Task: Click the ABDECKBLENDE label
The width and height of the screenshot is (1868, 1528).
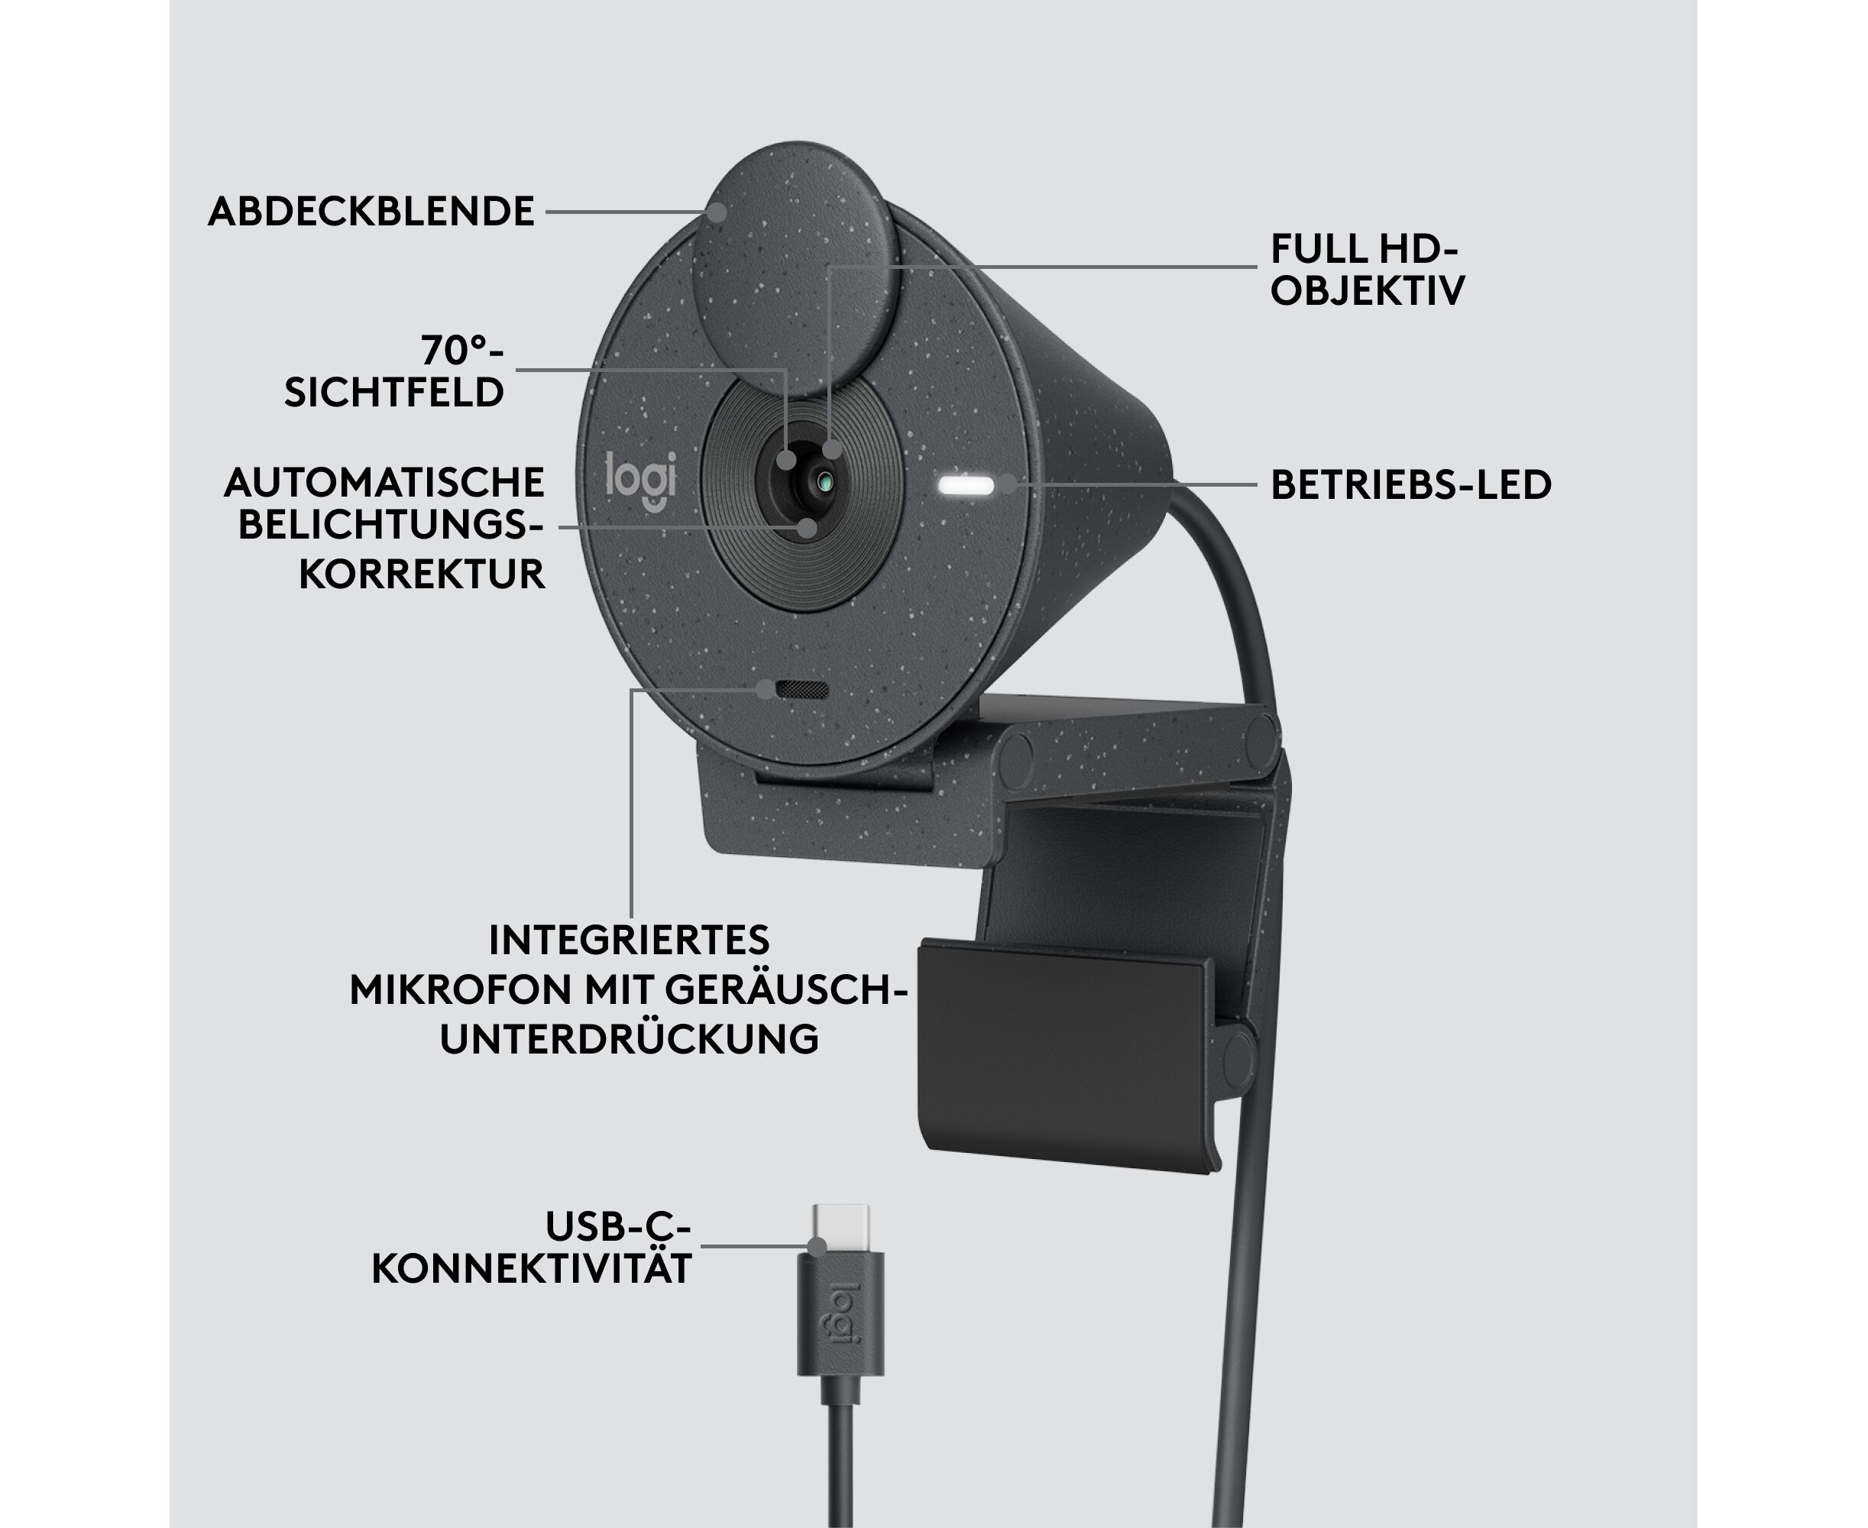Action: click(371, 212)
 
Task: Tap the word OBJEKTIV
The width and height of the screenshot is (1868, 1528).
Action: click(1367, 290)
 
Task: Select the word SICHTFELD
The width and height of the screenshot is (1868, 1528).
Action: click(393, 393)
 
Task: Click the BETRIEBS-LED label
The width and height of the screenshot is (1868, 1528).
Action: click(1410, 485)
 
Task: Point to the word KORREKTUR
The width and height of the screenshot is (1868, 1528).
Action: click(422, 574)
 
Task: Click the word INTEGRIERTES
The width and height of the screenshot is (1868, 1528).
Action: click(630, 940)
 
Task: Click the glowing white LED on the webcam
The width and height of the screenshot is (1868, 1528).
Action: click(966, 485)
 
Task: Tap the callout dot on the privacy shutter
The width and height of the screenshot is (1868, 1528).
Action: click(717, 212)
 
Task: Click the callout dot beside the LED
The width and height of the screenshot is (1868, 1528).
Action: click(1007, 484)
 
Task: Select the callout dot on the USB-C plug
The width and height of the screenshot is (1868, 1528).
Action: click(817, 1246)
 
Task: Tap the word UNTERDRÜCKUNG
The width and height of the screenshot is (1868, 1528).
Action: click(630, 1038)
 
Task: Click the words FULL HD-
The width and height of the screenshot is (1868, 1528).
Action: click(1365, 249)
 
